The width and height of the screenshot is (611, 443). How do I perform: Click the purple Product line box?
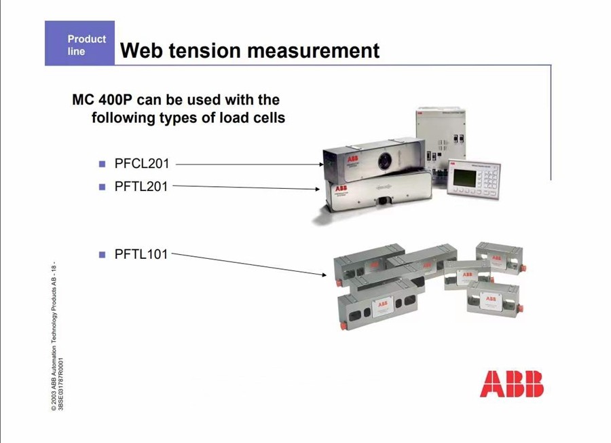(x=79, y=43)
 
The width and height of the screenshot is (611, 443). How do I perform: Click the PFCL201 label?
(x=142, y=164)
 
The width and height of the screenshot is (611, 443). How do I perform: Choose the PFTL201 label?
(x=141, y=187)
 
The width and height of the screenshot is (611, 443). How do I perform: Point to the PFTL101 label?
(x=141, y=254)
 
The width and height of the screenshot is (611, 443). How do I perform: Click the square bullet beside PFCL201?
(x=102, y=164)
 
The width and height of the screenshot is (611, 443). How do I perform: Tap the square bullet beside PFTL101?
(x=102, y=255)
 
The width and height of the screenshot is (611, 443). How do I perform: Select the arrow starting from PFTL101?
(x=249, y=264)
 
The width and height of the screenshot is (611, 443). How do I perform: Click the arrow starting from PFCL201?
(x=250, y=164)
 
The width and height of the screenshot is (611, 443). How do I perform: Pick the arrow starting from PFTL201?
(x=246, y=188)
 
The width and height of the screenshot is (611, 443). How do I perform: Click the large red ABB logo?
(x=512, y=384)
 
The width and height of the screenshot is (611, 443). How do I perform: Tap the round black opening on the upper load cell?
(x=384, y=160)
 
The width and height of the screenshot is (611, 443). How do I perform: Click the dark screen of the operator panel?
(x=464, y=179)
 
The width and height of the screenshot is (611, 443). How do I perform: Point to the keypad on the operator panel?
(x=487, y=180)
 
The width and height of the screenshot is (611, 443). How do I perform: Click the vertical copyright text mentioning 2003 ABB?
(x=54, y=336)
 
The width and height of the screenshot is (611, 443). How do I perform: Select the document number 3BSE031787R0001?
(x=61, y=384)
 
